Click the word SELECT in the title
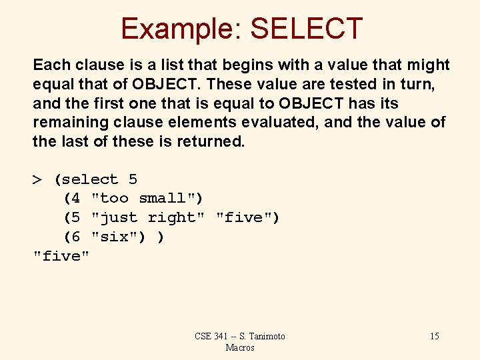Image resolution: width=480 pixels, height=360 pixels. tap(305, 29)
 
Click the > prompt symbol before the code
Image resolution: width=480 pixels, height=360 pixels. tap(38, 180)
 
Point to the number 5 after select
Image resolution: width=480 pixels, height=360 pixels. tap(133, 180)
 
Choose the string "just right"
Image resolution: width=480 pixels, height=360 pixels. tap(148, 218)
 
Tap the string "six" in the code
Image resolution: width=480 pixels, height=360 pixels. tap(114, 237)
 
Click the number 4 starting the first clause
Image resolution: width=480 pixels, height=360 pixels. tap(75, 199)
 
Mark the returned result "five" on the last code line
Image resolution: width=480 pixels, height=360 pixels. tap(61, 257)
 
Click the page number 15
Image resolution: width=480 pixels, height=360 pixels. tap(434, 336)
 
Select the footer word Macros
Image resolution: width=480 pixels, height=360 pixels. tap(240, 347)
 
